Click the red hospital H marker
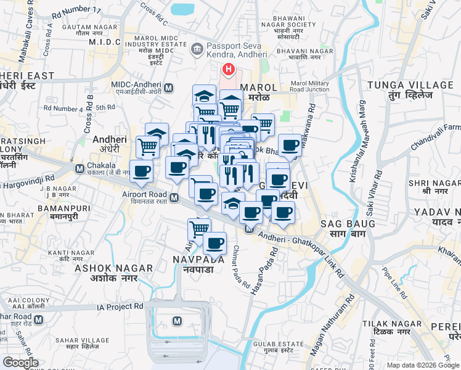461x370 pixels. (229, 70)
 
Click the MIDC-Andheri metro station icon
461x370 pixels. (168, 87)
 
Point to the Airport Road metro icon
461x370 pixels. (174, 197)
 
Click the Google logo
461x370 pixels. (20, 363)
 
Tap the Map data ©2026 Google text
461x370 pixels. (422, 365)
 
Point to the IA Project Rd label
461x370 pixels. (121, 306)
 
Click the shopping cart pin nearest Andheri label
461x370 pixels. (147, 147)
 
